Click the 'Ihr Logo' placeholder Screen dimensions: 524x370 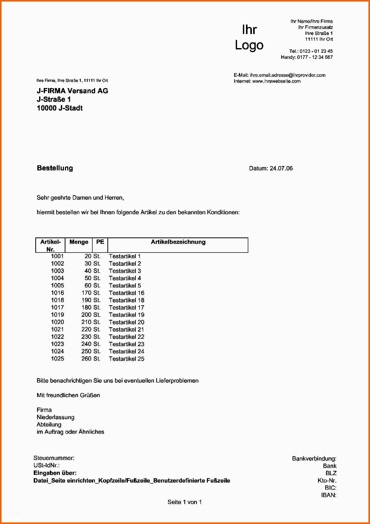click(249, 37)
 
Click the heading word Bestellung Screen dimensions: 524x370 click(55, 168)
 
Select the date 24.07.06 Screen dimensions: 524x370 click(281, 168)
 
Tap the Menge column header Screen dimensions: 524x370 click(79, 242)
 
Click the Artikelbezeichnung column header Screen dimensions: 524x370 click(178, 242)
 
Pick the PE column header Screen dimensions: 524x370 click(100, 242)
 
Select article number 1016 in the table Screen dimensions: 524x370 click(57, 293)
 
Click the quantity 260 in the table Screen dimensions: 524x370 click(86, 358)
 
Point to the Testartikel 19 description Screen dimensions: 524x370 click(126, 315)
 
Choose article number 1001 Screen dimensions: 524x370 click(57, 256)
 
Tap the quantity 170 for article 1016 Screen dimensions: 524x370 click(86, 293)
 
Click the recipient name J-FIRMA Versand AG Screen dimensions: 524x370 click(72, 91)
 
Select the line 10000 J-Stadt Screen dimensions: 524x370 click(60, 108)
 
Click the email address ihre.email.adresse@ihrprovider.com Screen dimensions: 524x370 click(287, 75)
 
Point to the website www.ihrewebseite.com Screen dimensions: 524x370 click(276, 81)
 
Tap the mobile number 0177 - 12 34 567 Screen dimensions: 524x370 click(315, 57)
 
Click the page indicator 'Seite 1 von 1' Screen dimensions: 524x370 click(185, 502)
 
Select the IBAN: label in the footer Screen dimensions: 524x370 click(329, 495)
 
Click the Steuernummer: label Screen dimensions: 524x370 click(54, 458)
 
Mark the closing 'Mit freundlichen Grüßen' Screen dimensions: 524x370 click(68, 395)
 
